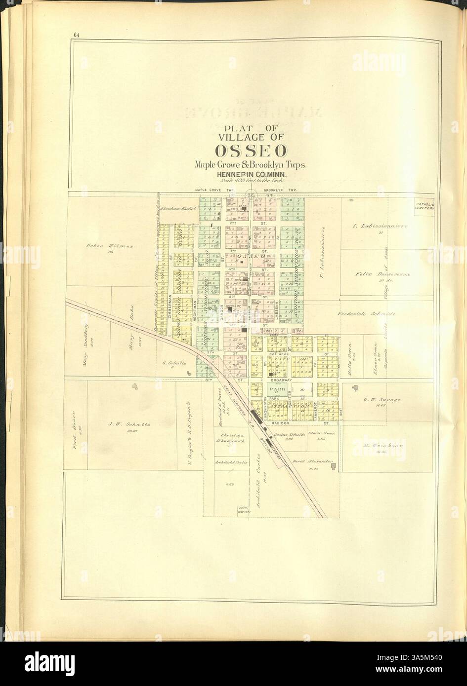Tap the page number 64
coord(77,34)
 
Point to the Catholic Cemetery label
coord(424,206)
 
